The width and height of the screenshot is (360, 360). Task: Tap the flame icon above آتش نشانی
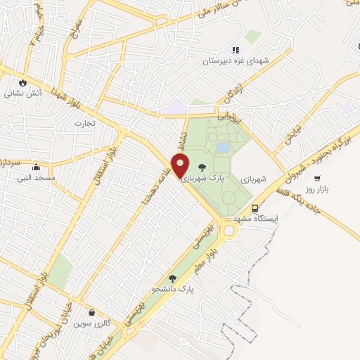(x=24, y=81)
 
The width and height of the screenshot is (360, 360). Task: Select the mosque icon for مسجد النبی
(x=37, y=167)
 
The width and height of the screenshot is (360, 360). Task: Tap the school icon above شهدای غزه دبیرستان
(x=236, y=50)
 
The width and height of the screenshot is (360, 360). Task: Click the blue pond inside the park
(x=223, y=148)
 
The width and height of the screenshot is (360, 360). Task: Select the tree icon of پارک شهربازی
(x=202, y=167)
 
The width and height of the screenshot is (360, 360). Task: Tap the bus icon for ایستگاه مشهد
(x=255, y=208)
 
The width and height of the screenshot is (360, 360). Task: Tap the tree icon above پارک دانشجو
(x=173, y=278)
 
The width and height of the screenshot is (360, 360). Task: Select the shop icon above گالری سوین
(x=91, y=313)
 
